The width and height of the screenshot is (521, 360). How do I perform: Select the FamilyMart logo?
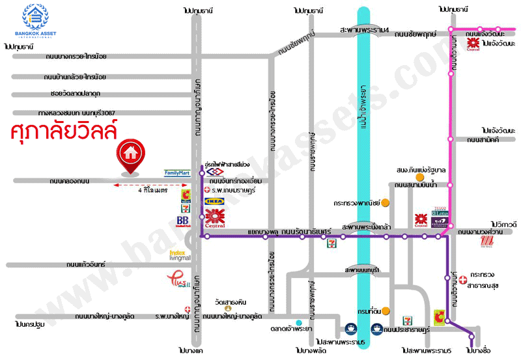[176, 173]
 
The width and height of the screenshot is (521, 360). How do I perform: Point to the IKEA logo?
[215, 202]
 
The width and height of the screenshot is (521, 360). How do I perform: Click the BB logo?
[183, 221]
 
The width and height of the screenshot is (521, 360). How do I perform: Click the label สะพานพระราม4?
[364, 31]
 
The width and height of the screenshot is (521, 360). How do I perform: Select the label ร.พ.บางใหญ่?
[169, 316]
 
